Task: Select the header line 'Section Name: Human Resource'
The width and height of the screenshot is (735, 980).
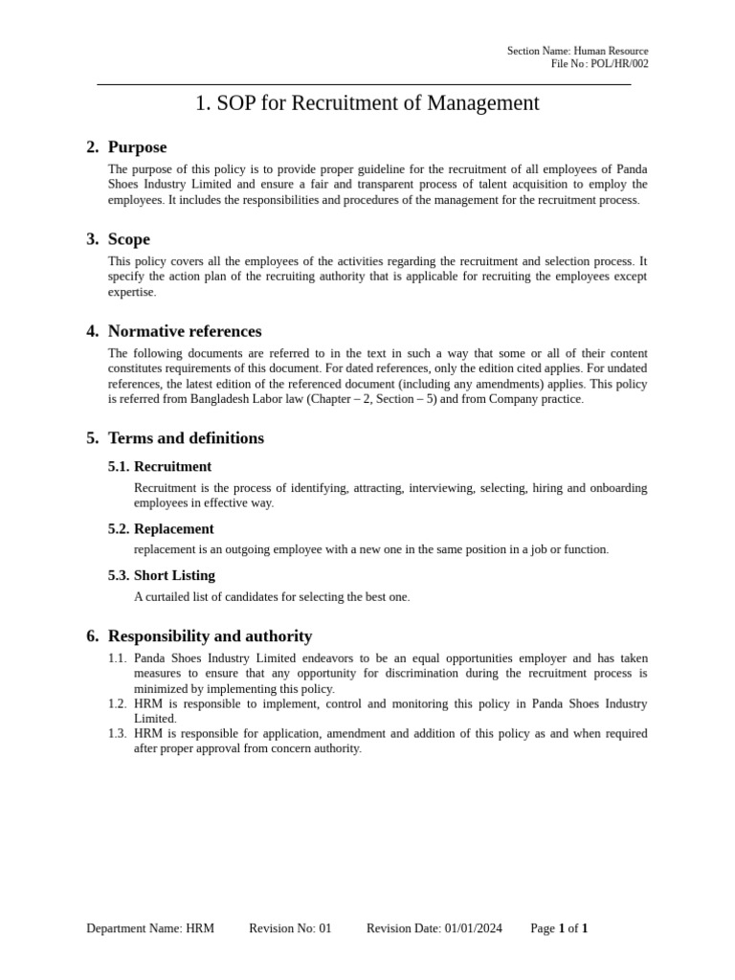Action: [x=577, y=51]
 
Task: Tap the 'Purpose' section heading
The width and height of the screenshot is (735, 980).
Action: [x=137, y=147]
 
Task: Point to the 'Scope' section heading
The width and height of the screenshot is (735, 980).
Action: [x=128, y=239]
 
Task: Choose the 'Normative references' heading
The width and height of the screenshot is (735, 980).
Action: [x=184, y=331]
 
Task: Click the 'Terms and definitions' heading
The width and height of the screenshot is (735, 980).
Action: [x=186, y=438]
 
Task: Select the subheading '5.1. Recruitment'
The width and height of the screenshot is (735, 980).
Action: [x=160, y=467]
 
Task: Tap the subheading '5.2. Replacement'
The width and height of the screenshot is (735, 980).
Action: [x=161, y=529]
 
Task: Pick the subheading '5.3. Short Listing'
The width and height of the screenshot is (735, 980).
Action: [x=162, y=575]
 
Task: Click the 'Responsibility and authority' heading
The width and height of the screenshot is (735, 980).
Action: [x=210, y=636]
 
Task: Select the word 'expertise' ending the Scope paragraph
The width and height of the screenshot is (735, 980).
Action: [x=131, y=292]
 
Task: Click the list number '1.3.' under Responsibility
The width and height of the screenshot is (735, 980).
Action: [x=117, y=734]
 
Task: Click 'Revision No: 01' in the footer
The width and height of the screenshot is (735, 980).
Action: [x=290, y=928]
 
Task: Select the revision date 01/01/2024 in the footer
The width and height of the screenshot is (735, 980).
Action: [x=474, y=928]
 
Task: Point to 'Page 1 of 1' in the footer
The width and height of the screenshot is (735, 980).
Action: [x=559, y=928]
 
